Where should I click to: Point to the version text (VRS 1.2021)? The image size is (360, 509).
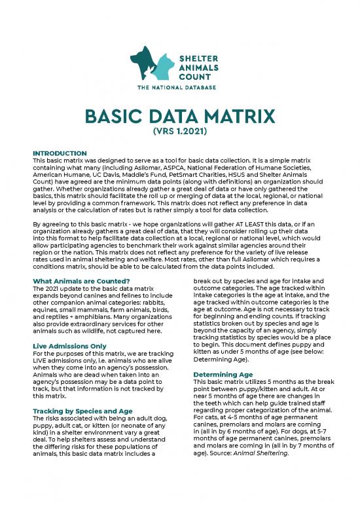179,134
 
